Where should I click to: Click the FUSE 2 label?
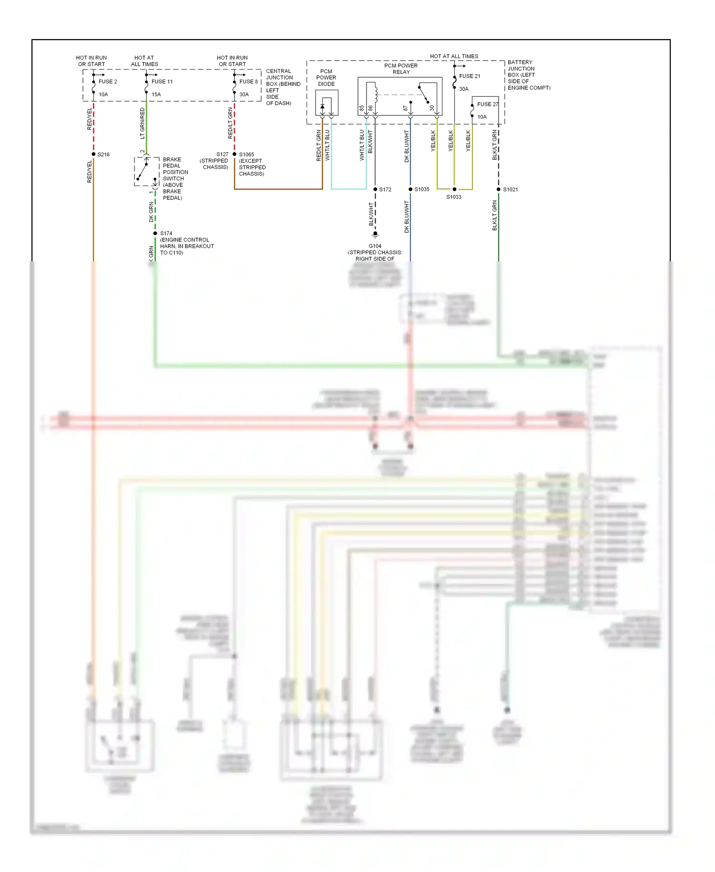[108, 82]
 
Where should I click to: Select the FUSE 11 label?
[162, 82]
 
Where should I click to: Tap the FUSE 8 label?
[248, 82]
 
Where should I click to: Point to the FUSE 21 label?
[470, 76]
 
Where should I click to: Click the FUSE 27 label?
[488, 104]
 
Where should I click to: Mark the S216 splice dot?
[93, 154]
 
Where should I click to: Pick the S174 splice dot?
[155, 233]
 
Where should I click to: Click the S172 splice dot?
[375, 189]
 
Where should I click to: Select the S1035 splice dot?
[410, 189]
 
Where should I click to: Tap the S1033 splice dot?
[454, 189]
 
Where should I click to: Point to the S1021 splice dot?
[499, 189]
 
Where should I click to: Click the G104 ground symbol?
[375, 235]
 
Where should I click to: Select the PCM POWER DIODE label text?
[326, 77]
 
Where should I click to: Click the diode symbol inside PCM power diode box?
[323, 106]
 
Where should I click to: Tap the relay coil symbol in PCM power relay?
[376, 93]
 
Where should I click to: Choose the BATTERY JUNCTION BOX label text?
[528, 75]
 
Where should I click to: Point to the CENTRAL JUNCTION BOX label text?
[283, 87]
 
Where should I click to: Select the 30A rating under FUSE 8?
[244, 94]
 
